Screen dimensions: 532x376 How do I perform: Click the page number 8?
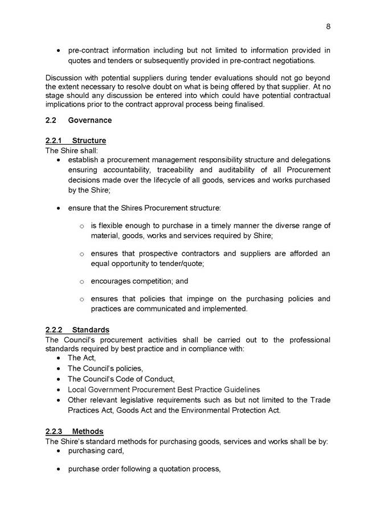[x=329, y=26]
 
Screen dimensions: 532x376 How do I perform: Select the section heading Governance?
[x=90, y=121]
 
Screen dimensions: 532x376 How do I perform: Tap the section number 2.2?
[x=51, y=121]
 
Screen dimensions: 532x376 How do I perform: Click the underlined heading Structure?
[x=89, y=141]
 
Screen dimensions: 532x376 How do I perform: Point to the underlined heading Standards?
[x=91, y=330]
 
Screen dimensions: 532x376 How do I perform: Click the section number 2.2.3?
[x=55, y=432]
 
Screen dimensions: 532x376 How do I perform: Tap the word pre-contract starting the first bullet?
[x=88, y=50]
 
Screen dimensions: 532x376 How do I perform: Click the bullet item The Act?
[x=82, y=358]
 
